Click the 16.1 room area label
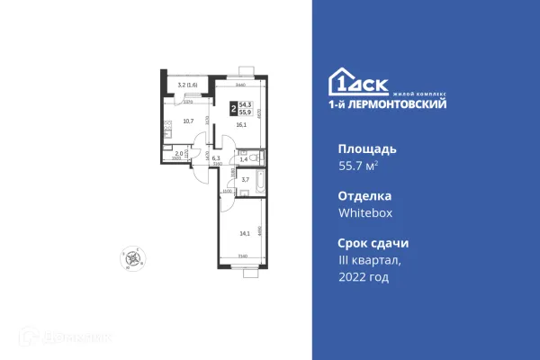pos(241,126)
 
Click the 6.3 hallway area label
pos(203,157)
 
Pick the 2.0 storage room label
pos(179,154)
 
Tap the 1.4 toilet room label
pos(243,158)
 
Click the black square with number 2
pos(233,108)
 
